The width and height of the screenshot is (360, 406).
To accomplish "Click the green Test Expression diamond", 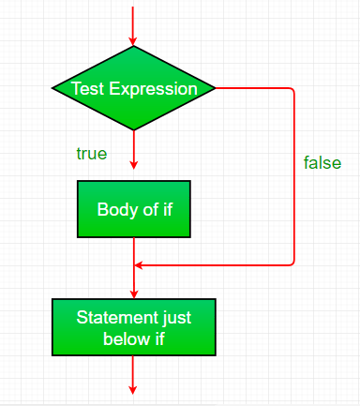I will click(134, 89).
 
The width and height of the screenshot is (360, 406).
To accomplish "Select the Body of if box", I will click(134, 208).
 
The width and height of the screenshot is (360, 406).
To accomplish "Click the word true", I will click(91, 153).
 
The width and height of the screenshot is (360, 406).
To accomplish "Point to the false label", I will click(322, 162).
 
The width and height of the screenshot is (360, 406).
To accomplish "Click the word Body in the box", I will click(114, 208).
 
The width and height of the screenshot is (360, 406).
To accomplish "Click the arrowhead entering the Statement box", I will click(134, 293).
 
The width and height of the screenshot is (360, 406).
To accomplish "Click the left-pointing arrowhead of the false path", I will click(141, 265).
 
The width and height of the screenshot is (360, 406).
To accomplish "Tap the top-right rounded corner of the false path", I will click(292, 92).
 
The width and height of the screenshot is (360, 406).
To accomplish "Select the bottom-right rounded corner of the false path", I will click(292, 263).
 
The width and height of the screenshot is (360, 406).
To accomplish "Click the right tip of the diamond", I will click(216, 89).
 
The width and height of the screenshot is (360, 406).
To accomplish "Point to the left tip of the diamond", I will click(52, 89).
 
